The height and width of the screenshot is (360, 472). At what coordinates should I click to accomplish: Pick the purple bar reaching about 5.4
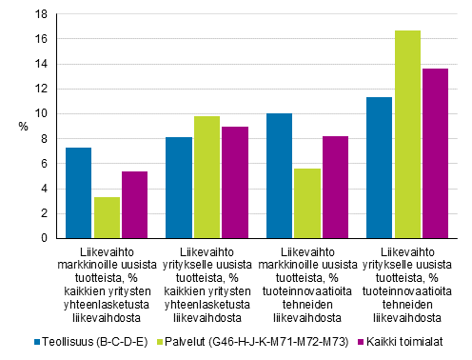click(135, 204)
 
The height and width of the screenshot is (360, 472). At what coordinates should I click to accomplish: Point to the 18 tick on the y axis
click(41, 14)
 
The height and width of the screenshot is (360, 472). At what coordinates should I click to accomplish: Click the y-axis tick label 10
click(41, 113)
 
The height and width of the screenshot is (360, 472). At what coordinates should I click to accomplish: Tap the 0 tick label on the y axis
click(44, 238)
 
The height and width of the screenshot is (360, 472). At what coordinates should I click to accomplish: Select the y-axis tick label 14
click(41, 64)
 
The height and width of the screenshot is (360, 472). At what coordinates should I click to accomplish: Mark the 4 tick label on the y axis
click(44, 189)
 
